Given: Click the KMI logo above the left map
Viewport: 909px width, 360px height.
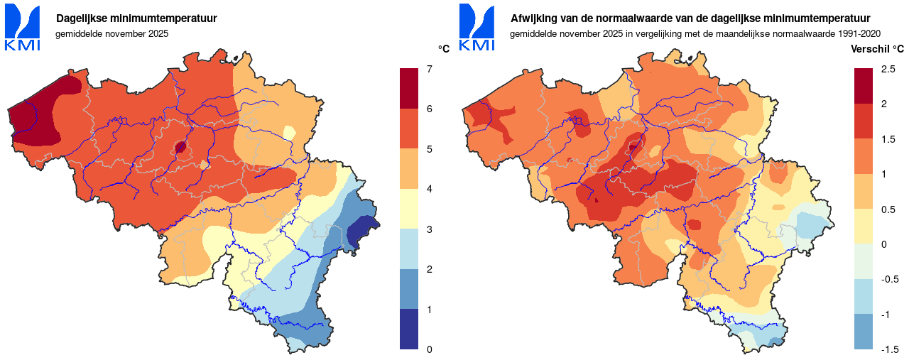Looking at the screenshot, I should point(23,27).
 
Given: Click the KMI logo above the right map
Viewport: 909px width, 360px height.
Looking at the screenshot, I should point(477,27).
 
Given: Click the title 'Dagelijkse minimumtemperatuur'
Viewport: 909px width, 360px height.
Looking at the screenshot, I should point(136,18).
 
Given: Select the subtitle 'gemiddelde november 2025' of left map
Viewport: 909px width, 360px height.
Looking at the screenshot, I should point(112,33).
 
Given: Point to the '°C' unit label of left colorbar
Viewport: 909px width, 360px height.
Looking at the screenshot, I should point(444,49).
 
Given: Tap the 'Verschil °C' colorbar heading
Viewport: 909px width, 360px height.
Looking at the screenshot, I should point(877,49).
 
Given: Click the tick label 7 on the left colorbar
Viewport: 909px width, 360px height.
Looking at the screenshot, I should point(429,69).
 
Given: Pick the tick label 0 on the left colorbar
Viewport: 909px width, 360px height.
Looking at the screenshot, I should point(429,349).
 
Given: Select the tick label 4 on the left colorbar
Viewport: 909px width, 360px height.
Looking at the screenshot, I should point(429,189).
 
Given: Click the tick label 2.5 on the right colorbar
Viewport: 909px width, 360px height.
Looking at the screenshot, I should point(888,69).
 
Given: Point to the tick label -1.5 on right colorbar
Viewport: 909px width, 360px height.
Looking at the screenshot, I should point(890,349).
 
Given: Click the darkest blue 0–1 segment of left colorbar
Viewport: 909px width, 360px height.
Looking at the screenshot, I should point(409,329).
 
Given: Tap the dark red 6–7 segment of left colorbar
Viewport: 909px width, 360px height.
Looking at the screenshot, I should point(409,89).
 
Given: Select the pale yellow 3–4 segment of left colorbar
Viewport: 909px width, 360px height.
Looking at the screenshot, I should point(409,209).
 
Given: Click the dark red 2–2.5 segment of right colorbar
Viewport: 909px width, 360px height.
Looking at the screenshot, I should point(864,86).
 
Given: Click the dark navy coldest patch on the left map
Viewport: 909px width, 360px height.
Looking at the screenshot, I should point(361,232).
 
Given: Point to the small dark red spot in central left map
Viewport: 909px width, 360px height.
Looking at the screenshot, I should point(180,147).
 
